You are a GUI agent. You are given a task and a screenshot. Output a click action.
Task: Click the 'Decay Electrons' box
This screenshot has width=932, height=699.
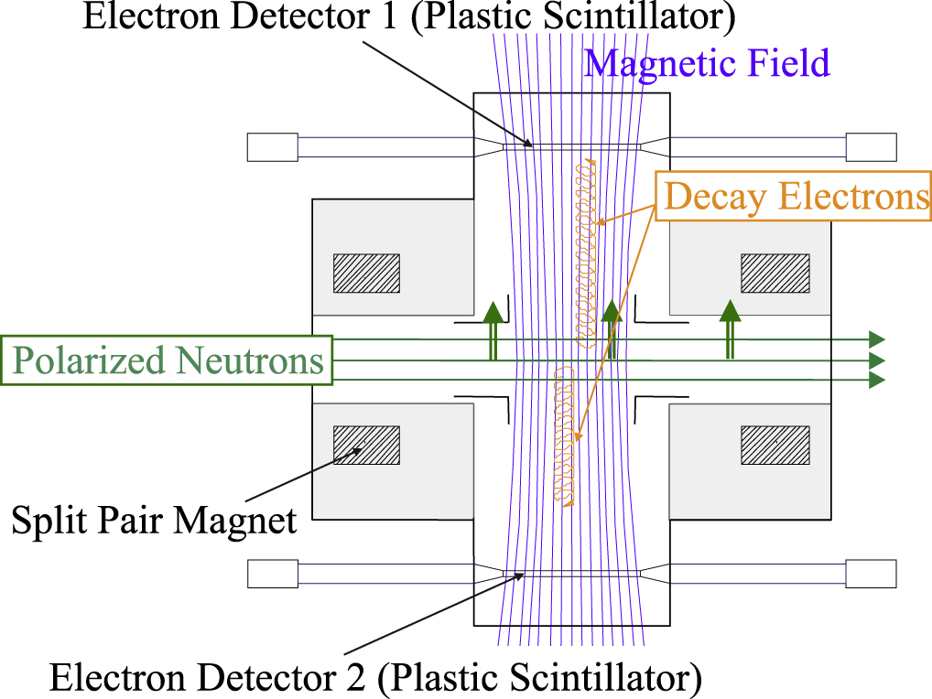[795, 197]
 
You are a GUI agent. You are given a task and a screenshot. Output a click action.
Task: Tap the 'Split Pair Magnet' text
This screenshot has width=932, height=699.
[155, 521]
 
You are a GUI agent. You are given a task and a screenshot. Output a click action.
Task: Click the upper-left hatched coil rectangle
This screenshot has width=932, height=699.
[366, 273]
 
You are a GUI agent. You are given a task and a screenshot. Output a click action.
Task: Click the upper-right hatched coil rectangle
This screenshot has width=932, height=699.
[775, 273]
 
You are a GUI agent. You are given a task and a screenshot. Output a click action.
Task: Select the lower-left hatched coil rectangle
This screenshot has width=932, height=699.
[366, 445]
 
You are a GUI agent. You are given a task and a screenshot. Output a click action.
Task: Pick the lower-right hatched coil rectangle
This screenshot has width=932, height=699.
[775, 445]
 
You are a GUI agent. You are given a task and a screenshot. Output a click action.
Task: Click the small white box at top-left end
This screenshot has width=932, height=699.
[272, 146]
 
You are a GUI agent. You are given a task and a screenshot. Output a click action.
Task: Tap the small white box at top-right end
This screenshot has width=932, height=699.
[871, 146]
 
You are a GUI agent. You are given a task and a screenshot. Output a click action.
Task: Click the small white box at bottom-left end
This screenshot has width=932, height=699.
[272, 574]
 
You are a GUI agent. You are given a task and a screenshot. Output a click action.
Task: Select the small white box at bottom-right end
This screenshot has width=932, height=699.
[871, 574]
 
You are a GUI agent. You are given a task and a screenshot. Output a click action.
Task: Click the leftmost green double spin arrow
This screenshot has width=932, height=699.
[493, 329]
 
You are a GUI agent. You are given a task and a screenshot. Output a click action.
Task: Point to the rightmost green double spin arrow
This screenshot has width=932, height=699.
[730, 329]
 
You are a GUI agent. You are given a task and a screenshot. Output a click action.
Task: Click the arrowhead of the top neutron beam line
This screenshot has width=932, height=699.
[877, 339]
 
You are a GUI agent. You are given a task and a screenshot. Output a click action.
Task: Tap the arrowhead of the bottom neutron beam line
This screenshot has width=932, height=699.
[877, 380]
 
